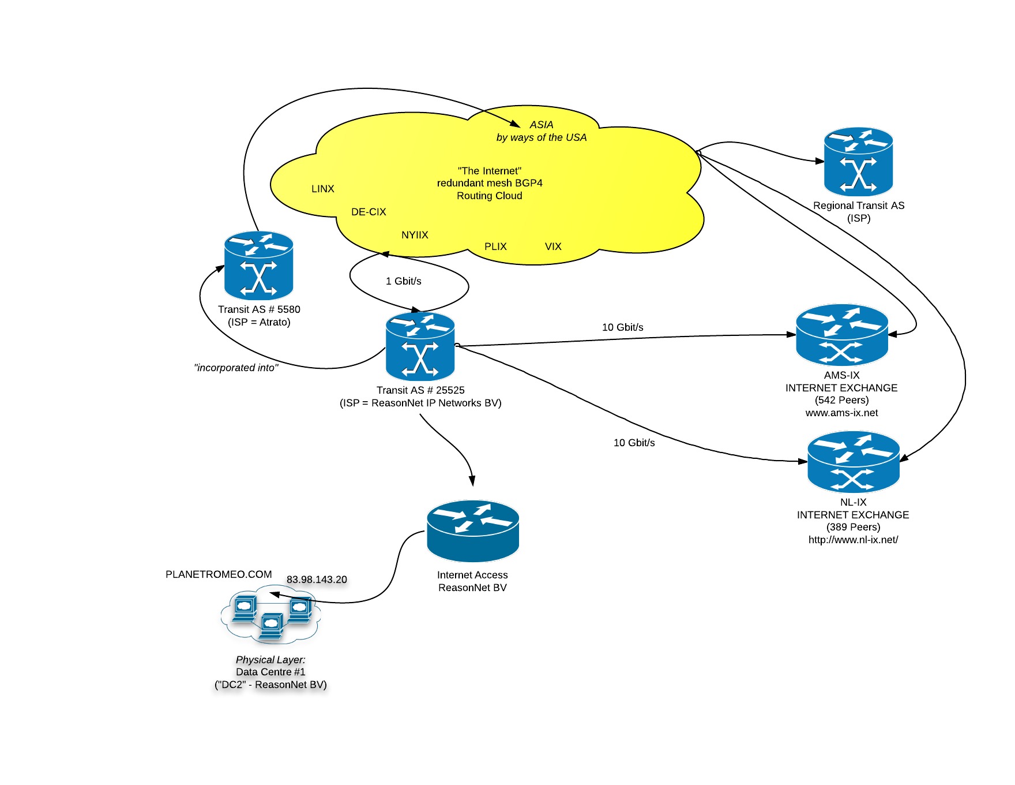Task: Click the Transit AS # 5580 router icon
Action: pos(259,266)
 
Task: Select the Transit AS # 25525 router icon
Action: pos(420,346)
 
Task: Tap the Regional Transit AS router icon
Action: pos(858,162)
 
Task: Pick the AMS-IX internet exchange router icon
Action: pos(841,335)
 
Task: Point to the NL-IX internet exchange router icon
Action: pos(853,462)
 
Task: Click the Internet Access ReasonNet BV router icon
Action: pos(473,531)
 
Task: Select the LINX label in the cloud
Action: pos(323,189)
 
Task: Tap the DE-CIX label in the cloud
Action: pos(369,212)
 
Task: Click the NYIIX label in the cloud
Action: pos(415,235)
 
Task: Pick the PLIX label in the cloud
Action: pos(495,246)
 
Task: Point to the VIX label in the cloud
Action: pos(553,246)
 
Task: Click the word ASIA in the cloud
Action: pos(542,125)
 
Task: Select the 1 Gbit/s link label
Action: pos(404,281)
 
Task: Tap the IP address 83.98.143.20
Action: pos(317,580)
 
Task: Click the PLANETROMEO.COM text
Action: pos(219,574)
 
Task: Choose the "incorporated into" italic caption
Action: pos(236,368)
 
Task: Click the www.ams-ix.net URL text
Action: pos(841,413)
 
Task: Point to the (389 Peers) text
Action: pos(853,527)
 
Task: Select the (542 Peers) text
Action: pos(841,400)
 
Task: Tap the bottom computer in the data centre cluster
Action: pos(271,626)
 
